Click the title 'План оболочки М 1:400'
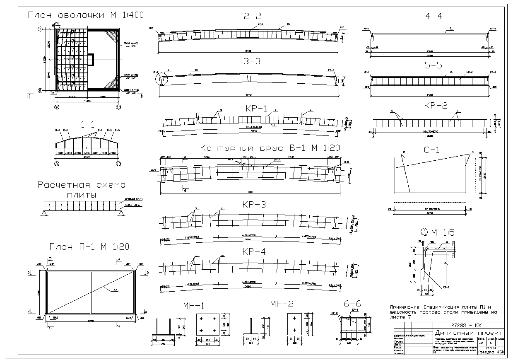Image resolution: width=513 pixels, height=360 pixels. click(x=85, y=15)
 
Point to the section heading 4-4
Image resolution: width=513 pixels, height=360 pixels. click(x=429, y=17)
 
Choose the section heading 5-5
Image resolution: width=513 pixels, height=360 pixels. click(x=429, y=61)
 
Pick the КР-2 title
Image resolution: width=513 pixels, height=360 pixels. click(x=436, y=106)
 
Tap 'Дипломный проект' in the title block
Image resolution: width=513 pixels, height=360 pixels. click(x=469, y=333)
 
